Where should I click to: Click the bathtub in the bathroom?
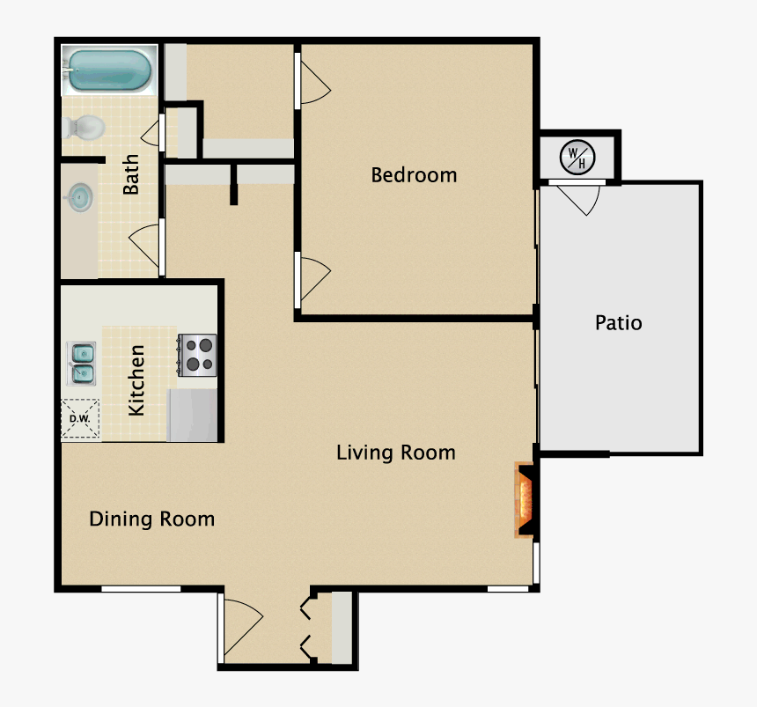click(x=109, y=70)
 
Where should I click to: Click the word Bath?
click(x=131, y=174)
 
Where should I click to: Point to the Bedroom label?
click(x=414, y=174)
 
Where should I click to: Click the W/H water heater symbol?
click(x=577, y=158)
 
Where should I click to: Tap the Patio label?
click(x=618, y=323)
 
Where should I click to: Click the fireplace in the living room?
click(x=525, y=501)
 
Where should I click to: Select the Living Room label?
click(x=396, y=453)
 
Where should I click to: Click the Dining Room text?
click(x=152, y=519)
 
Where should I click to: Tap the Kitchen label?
click(x=137, y=380)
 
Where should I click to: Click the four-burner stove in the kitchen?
click(x=198, y=356)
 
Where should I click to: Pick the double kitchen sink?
click(x=82, y=364)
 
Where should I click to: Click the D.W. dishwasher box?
click(x=80, y=419)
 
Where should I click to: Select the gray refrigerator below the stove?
click(x=192, y=415)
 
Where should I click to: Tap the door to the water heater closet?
click(x=580, y=199)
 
